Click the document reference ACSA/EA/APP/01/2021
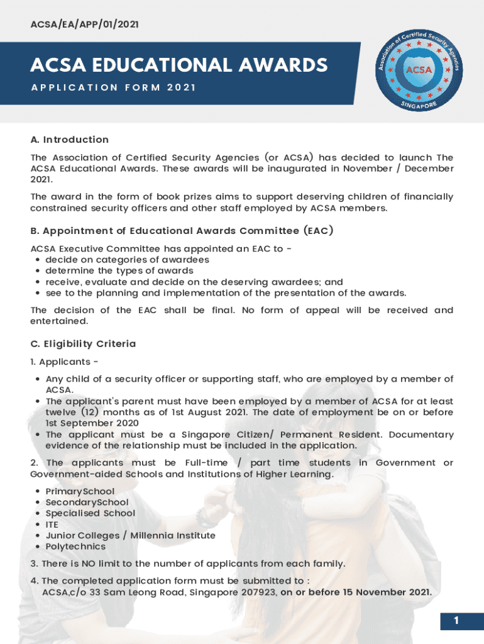tap(85, 25)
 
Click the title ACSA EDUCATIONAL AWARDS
tap(179, 65)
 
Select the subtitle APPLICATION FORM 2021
tap(113, 87)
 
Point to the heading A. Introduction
tap(70, 140)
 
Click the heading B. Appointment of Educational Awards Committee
tap(182, 231)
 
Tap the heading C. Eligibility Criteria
tap(83, 344)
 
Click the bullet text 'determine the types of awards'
tap(119, 271)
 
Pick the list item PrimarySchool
tap(80, 491)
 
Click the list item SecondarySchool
tap(87, 502)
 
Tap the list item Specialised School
tap(90, 513)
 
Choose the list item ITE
tap(52, 525)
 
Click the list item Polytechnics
tap(75, 547)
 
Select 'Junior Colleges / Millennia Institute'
tap(130, 536)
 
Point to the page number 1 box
tap(456, 621)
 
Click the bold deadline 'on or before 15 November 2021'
tap(356, 592)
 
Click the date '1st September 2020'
tap(85, 423)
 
